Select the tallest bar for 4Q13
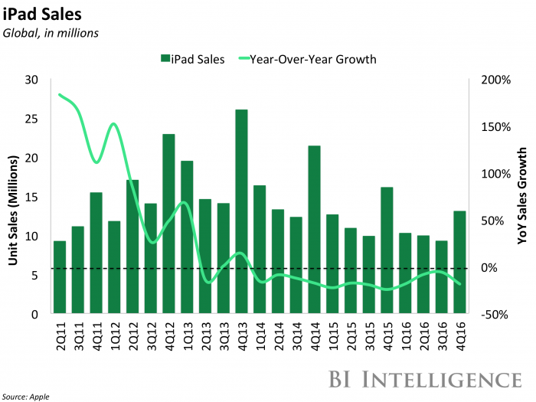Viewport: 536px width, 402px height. (241, 211)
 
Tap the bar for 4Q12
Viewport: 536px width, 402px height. (168, 224)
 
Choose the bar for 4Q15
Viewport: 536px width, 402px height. (387, 250)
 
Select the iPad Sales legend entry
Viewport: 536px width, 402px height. (192, 59)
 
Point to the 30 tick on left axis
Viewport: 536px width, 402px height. (32, 80)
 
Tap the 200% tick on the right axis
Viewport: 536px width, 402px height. (493, 80)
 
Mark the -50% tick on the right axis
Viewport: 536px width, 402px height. (493, 314)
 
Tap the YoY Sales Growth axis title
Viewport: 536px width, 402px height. (523, 197)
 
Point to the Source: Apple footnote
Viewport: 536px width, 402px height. (28, 395)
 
